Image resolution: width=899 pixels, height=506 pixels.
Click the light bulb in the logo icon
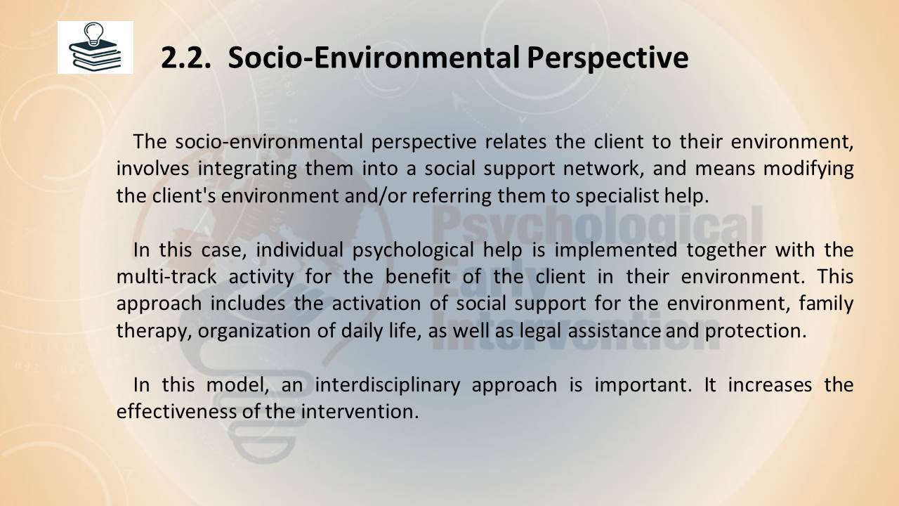click(x=94, y=34)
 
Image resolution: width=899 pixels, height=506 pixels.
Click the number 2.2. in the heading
click(x=186, y=58)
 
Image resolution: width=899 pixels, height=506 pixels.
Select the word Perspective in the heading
click(x=608, y=58)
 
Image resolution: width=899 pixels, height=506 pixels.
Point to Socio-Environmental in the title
click(x=374, y=58)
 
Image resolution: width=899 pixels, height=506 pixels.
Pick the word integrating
click(x=247, y=169)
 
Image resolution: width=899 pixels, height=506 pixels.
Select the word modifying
click(x=808, y=169)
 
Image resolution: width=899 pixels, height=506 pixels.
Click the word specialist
click(x=617, y=196)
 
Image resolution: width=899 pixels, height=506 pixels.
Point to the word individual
click(x=299, y=249)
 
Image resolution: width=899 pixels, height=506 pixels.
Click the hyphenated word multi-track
click(x=166, y=277)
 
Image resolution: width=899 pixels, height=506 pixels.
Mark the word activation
click(x=376, y=303)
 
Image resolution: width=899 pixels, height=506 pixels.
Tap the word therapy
click(x=154, y=331)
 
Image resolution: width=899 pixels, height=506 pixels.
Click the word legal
click(x=541, y=331)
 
